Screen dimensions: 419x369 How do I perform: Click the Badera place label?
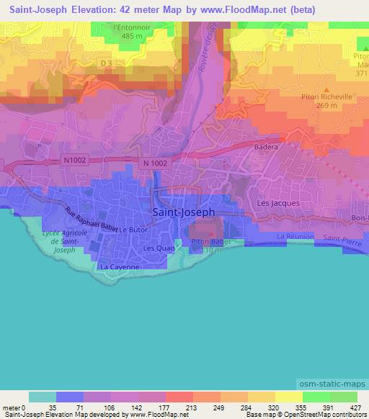(265, 147)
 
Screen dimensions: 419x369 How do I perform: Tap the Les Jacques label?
(278, 204)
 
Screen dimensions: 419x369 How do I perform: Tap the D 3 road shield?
(107, 64)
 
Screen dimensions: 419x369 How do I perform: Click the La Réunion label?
(294, 236)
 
